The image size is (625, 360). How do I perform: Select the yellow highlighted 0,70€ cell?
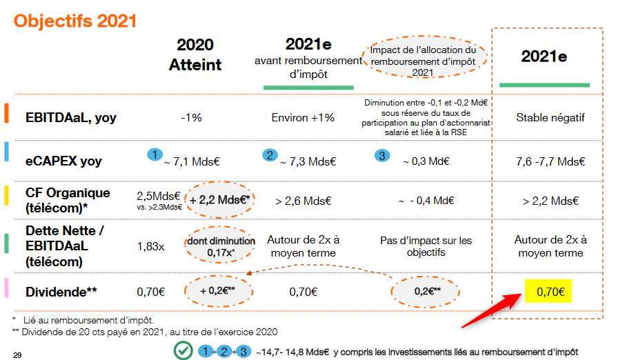pos(549,292)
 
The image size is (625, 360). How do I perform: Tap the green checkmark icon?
pos(182,350)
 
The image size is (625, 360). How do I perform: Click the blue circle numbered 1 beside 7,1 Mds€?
pos(156,154)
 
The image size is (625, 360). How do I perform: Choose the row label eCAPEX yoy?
pos(63,161)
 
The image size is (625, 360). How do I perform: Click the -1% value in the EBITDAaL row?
pos(191,117)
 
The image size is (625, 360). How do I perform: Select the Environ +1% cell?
pos(303,117)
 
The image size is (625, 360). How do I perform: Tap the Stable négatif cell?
pos(550,117)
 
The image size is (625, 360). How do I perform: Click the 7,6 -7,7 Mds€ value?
pos(550,161)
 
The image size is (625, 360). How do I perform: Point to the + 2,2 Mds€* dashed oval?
pos(219,201)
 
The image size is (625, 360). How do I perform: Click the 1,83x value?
pos(150,246)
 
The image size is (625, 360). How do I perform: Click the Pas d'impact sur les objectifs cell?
pos(426,246)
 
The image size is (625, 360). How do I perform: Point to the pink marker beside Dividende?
pos(7,291)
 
